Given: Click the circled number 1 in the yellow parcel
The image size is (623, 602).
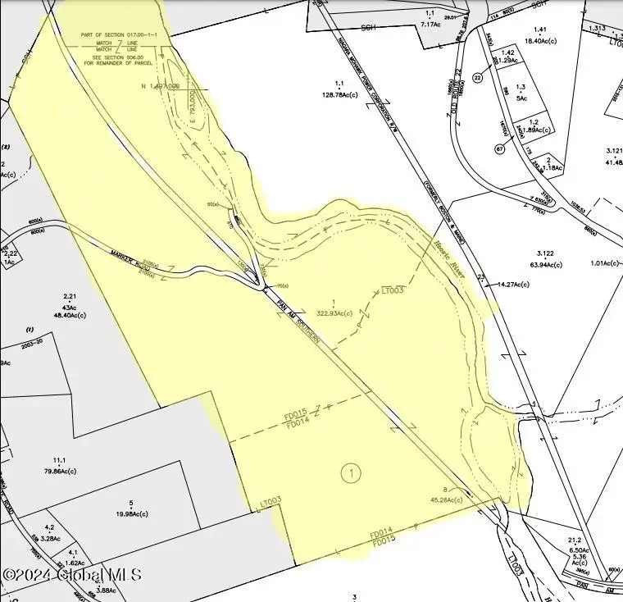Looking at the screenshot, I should (x=350, y=473).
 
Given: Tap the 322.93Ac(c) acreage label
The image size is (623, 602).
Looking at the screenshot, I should (x=334, y=313).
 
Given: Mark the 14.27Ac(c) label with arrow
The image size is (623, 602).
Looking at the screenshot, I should (x=513, y=285).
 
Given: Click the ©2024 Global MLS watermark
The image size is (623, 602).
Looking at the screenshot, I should (x=72, y=575).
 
